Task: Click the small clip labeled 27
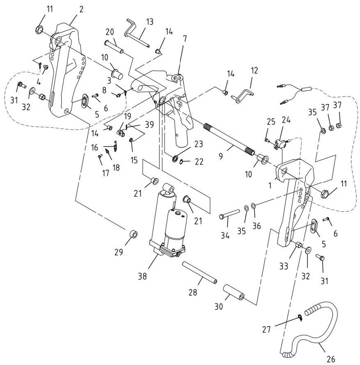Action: point(300,316)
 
